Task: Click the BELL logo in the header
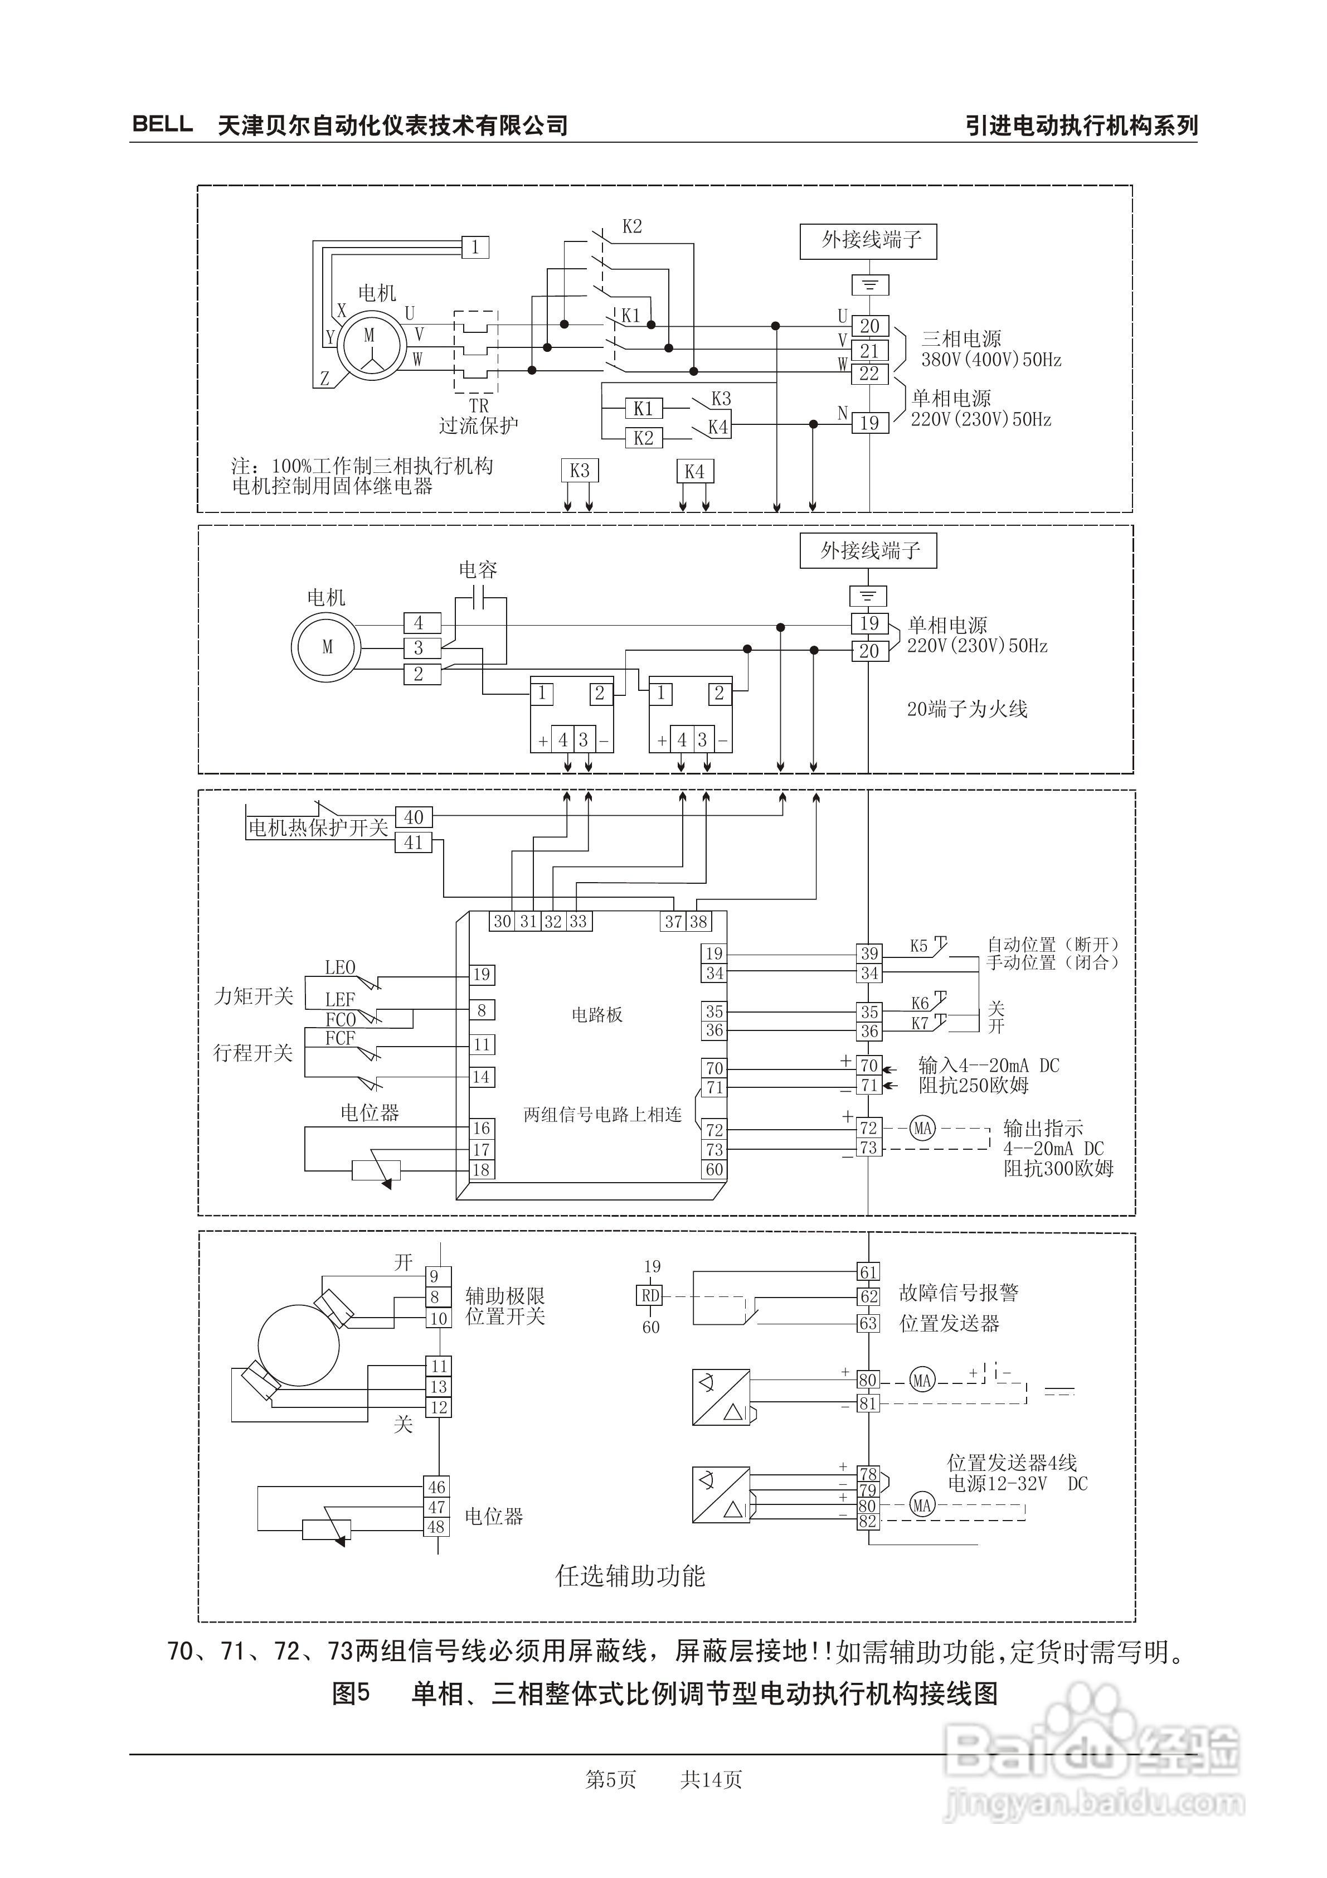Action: tap(163, 124)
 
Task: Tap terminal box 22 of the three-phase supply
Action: tap(869, 374)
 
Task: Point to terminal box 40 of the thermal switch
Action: tap(414, 817)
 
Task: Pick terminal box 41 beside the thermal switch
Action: tap(414, 841)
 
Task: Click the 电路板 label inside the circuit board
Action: tap(597, 1015)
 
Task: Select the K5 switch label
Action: tap(919, 946)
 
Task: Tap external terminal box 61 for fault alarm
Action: tap(868, 1272)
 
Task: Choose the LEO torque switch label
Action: tap(340, 967)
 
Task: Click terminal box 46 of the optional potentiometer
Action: tap(436, 1487)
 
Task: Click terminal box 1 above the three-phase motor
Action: tap(475, 246)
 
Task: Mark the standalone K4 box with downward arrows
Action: tap(694, 471)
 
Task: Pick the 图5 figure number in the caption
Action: tap(351, 1693)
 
